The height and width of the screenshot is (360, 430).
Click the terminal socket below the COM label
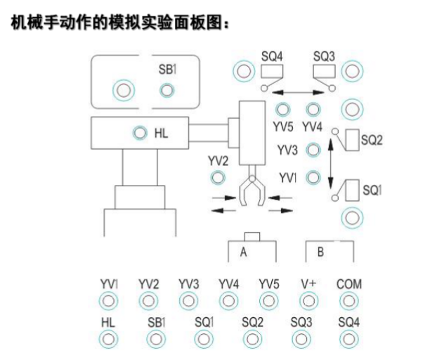point(348,301)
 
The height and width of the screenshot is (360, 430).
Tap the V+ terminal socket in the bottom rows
point(308,301)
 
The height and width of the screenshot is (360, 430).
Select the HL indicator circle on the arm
point(140,132)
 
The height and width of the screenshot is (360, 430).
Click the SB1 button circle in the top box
point(167,89)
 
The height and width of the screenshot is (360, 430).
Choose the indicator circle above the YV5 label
point(282,110)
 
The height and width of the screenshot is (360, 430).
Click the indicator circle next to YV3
point(313,150)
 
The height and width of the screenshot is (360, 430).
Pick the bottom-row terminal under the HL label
point(108,339)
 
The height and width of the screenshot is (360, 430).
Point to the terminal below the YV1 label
point(108,301)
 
